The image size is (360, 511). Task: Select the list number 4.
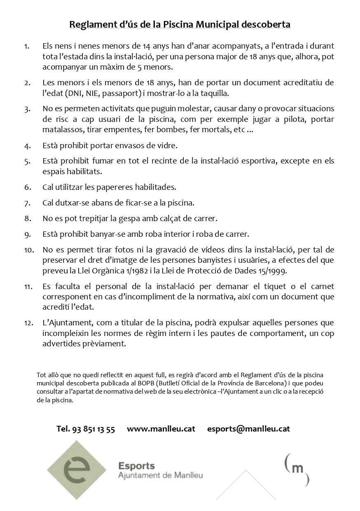(x=28, y=146)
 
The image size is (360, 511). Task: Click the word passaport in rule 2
(x=125, y=93)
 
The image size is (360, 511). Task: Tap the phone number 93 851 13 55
(x=93, y=429)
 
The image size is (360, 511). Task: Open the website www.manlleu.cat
(x=161, y=429)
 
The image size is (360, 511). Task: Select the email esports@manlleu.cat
(x=249, y=429)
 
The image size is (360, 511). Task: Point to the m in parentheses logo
(x=297, y=469)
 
